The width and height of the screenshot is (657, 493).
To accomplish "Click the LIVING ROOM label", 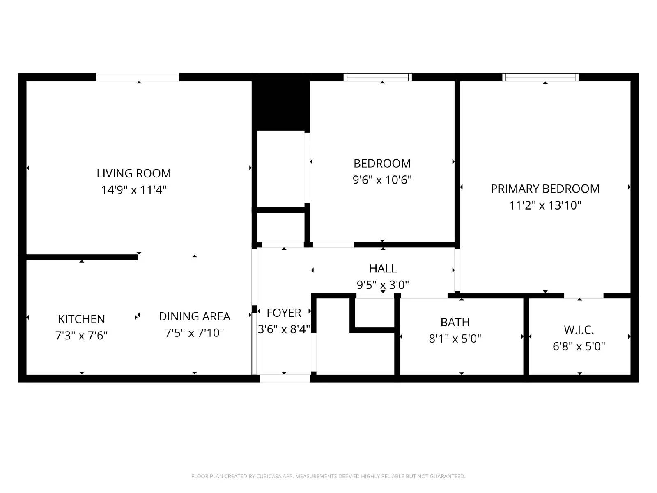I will coord(133,173).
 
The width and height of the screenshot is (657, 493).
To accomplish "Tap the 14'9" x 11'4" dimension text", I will coord(133,190).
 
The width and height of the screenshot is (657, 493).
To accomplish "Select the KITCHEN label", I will coord(81,319).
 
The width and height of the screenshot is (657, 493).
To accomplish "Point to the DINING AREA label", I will coord(194,316).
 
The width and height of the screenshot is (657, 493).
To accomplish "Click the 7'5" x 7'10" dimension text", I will coord(194,333).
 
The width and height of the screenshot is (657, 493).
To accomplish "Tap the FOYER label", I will coord(284,313).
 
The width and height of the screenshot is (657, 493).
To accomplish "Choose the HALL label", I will coord(383,269).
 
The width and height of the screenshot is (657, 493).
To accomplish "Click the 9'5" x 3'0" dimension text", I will coord(383,285).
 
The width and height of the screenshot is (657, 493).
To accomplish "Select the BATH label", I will coord(455,322).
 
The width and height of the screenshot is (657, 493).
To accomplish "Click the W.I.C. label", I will coord(579,330).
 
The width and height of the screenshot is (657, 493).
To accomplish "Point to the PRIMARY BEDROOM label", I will coord(545,189).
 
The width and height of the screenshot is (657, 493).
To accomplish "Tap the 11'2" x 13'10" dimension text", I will coord(545,205).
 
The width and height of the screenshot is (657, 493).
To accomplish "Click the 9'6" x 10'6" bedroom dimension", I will coord(382,180).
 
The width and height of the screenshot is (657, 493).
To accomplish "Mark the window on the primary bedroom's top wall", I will coord(540,77).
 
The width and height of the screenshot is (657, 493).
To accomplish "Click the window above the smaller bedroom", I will coord(378,77).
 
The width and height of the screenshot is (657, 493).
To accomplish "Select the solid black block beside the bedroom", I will coord(280,105).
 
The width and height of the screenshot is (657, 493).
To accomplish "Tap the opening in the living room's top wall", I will coord(138,77).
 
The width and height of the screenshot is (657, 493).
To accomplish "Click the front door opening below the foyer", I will coord(285,378).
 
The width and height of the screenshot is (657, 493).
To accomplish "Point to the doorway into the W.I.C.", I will coord(583,295).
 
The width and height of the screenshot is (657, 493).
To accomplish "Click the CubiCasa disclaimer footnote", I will coord(328,476).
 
